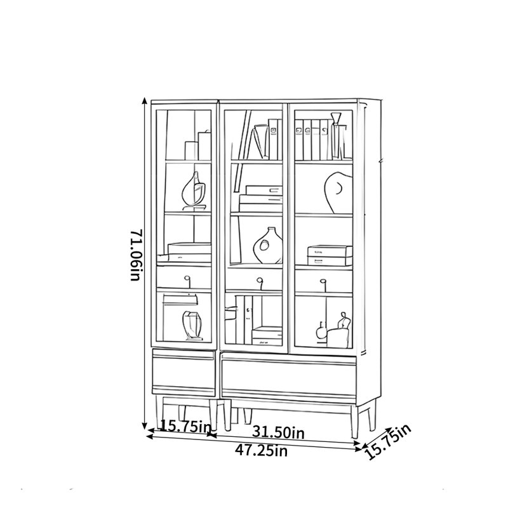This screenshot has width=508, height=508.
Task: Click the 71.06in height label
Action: coord(136,255)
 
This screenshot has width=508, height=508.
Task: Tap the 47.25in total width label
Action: coord(261,450)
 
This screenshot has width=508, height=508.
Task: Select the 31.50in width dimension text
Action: coord(278,432)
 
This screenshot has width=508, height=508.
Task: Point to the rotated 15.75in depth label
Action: coord(388,441)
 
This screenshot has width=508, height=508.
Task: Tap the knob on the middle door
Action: coord(259,282)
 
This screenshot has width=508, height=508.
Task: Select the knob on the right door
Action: coord(323,283)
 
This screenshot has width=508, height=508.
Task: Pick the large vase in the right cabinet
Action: coord(338,192)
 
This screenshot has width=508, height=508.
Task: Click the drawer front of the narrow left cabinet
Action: coord(184,373)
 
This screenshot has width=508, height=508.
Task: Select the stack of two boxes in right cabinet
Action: coord(330,255)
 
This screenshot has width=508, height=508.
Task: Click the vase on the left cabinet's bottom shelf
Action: coord(193,326)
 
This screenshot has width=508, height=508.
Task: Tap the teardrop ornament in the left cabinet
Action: coord(194,191)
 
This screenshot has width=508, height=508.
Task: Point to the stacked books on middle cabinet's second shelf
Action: coord(260,199)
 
